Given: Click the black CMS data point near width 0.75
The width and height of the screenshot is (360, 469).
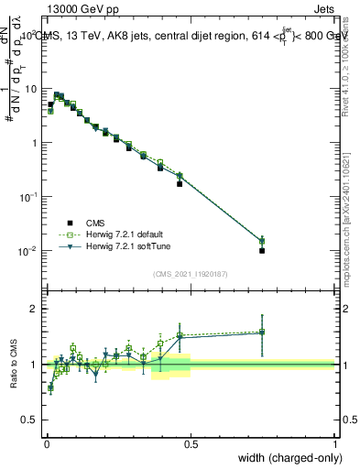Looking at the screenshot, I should point(262,250).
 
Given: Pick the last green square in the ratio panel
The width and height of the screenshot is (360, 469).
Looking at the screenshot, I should point(262,332).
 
